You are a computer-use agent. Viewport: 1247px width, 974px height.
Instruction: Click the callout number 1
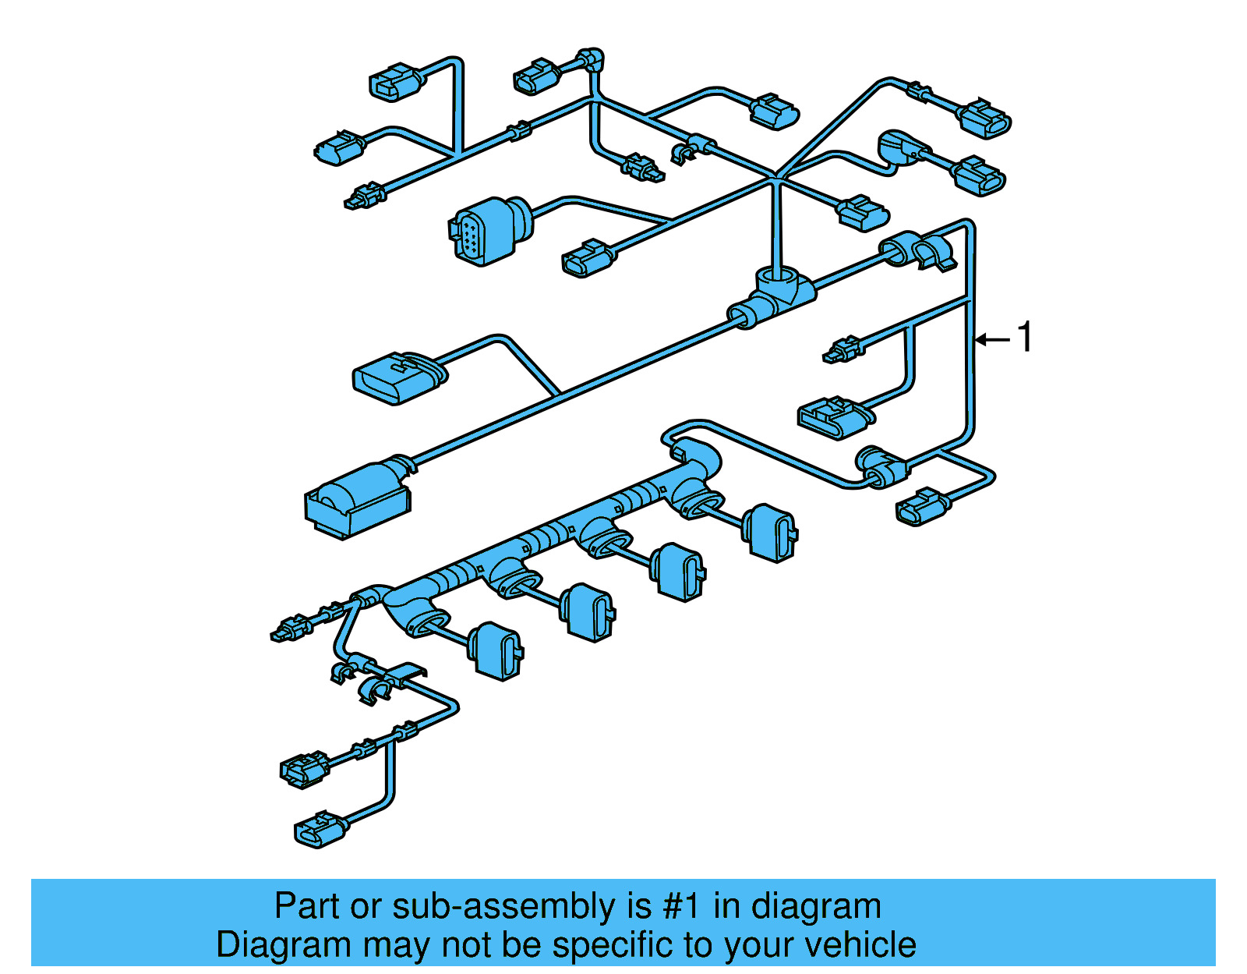point(1025,338)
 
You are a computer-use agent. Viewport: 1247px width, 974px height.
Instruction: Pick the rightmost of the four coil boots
point(770,533)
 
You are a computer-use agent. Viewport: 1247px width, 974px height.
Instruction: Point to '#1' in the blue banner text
point(682,907)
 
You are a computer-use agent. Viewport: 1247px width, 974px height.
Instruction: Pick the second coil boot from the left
point(588,611)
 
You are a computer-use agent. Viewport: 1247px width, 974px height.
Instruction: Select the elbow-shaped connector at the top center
point(591,60)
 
